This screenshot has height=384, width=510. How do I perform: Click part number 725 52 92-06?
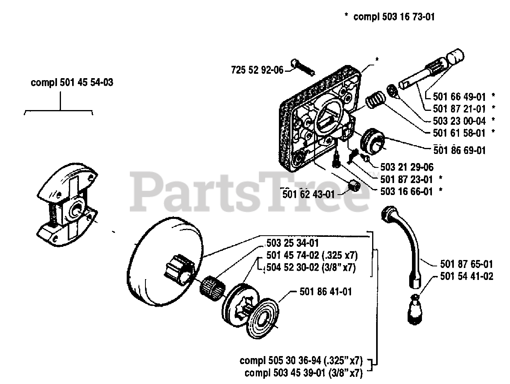(x=257, y=71)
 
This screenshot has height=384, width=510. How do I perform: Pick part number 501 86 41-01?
(x=326, y=292)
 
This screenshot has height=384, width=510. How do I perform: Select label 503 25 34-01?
(x=292, y=243)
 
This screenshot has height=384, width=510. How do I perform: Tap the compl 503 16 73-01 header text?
(x=394, y=17)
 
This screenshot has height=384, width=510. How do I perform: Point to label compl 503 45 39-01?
(x=303, y=373)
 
